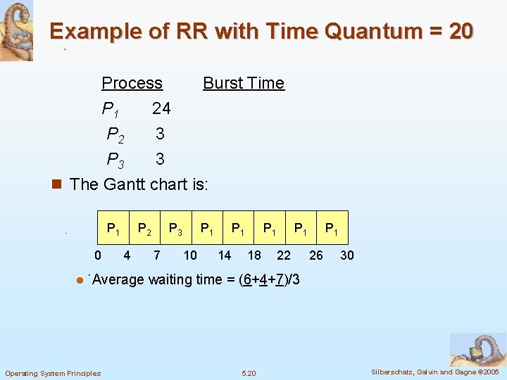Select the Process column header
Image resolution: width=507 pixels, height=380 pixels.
[132, 83]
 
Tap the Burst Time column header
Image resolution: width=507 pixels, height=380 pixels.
[243, 83]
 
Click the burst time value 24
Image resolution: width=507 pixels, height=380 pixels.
[161, 108]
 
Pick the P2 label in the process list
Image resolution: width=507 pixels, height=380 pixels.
[115, 134]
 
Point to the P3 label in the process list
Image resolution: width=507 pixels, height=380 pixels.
[115, 160]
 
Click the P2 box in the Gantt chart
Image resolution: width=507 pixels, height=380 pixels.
[144, 228]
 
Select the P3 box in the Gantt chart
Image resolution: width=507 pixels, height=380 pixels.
[176, 228]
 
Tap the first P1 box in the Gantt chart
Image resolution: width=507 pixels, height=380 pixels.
[113, 228]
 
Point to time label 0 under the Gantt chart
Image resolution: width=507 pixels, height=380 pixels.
[98, 255]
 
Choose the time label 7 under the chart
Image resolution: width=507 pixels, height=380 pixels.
[157, 255]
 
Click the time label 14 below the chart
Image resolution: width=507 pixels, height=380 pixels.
[224, 255]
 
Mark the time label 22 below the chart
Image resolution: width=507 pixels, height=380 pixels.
[283, 255]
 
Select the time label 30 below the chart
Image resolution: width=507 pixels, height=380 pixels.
[346, 255]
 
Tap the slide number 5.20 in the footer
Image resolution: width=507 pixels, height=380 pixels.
[249, 373]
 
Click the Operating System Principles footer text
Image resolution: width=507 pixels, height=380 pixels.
[53, 373]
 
